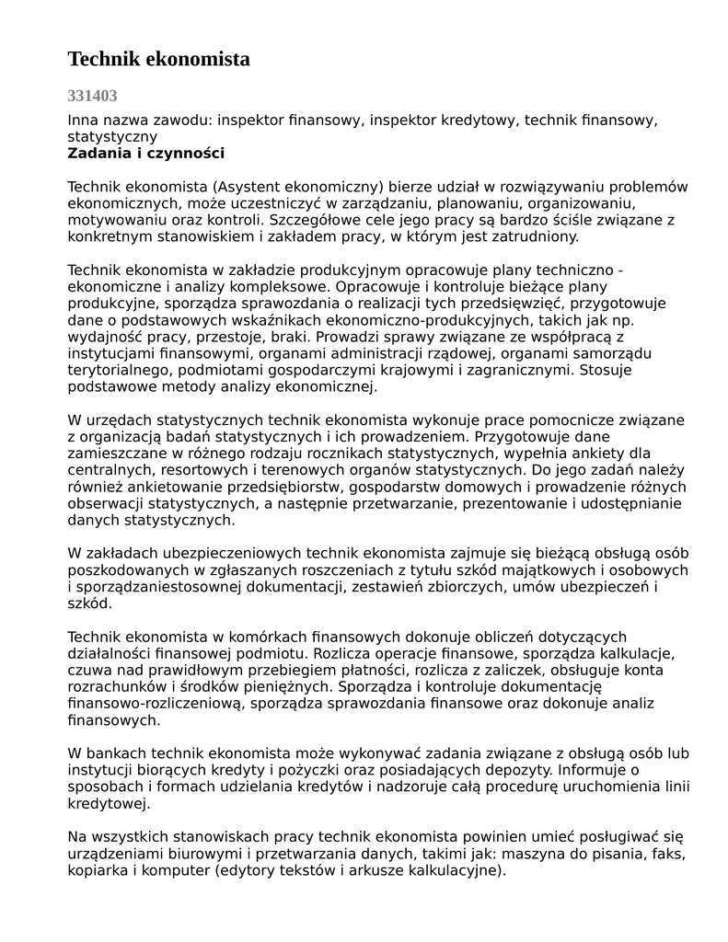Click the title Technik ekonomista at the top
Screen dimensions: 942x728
pyautogui.click(x=158, y=60)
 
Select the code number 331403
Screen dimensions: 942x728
pyautogui.click(x=92, y=96)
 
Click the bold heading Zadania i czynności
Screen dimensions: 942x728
pyautogui.click(x=145, y=154)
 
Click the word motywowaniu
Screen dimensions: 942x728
pyautogui.click(x=112, y=220)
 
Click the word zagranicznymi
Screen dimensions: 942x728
pyautogui.click(x=509, y=370)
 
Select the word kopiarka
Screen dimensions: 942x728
pyautogui.click(x=98, y=869)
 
